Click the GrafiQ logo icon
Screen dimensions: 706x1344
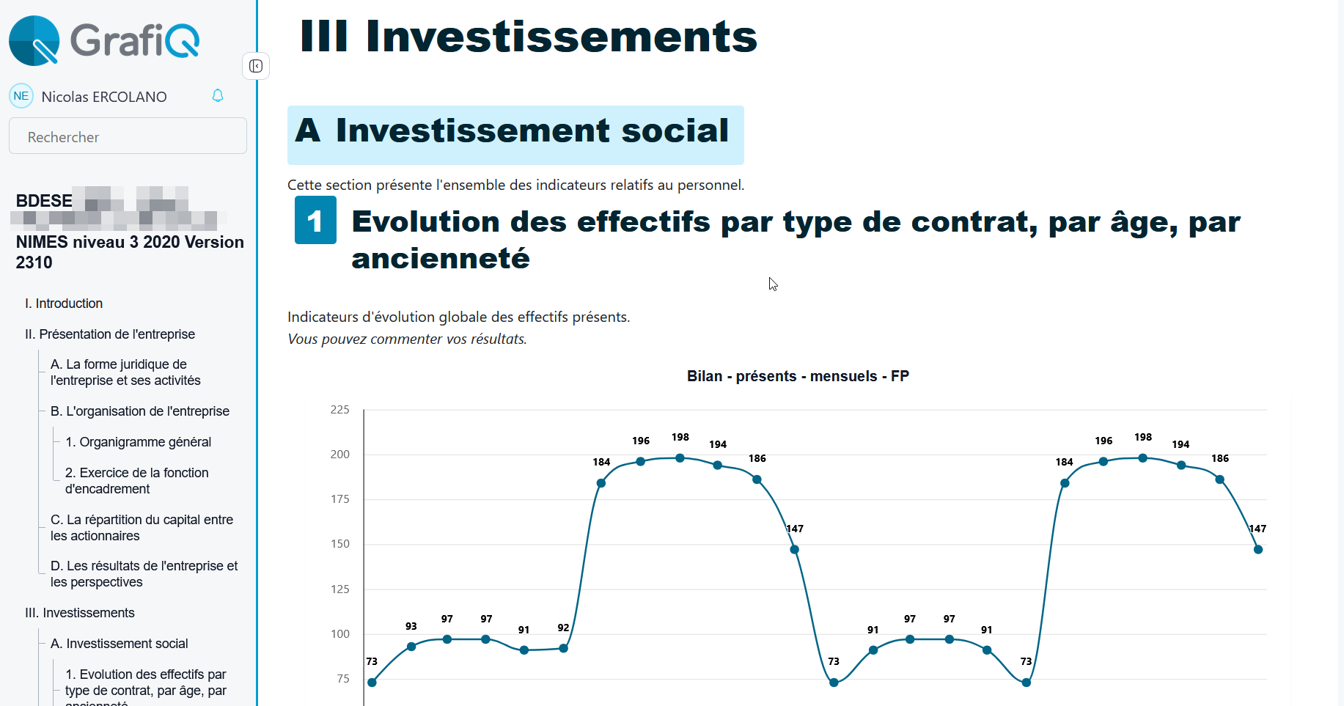[x=34, y=40]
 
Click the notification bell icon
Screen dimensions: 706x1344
[x=218, y=96]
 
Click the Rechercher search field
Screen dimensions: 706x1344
[x=128, y=136]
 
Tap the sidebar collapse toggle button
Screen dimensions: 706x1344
[x=256, y=66]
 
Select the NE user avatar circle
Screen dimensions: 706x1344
[x=21, y=96]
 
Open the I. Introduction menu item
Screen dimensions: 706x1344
[x=64, y=304]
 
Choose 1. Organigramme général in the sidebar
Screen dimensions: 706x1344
[x=138, y=442]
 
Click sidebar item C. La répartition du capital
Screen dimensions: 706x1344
[x=142, y=527]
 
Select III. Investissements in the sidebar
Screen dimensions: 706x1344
[x=80, y=613]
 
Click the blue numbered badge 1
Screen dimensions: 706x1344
[x=315, y=220]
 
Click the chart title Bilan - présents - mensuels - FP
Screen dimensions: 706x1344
[x=798, y=376]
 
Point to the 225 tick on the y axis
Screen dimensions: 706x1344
[x=340, y=410]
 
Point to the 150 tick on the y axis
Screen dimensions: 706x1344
[x=340, y=544]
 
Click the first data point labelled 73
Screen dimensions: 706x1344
[x=372, y=683]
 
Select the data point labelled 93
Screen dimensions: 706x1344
[x=411, y=647]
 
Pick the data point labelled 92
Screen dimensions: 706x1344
[x=563, y=648]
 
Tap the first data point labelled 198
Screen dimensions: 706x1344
[x=680, y=458]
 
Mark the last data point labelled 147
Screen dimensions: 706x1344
[x=1258, y=549]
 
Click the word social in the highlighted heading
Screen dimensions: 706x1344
[x=675, y=130]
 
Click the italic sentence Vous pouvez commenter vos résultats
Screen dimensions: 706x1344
[x=407, y=339]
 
